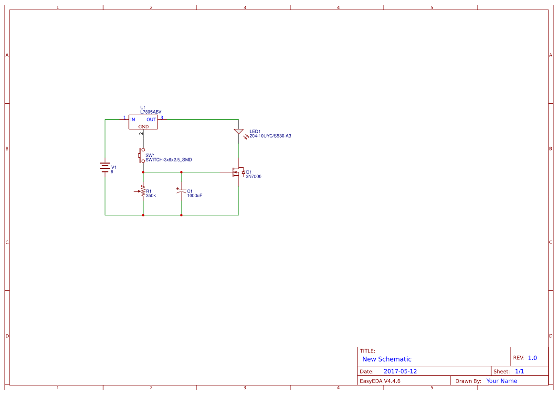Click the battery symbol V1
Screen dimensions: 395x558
[105, 167]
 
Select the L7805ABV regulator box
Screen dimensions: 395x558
[143, 122]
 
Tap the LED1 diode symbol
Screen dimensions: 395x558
[239, 132]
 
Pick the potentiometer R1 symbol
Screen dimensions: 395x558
[142, 191]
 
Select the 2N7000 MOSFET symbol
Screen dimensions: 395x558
[237, 172]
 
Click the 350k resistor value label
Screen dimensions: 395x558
[151, 196]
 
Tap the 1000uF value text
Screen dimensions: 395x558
[195, 196]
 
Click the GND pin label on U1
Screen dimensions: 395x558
[144, 127]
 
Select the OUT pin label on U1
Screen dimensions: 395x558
[151, 119]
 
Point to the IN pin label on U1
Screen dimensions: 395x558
[133, 119]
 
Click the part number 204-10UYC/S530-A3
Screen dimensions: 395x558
[270, 136]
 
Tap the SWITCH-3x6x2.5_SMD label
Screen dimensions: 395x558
[168, 160]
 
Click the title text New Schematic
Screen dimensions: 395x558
[387, 359]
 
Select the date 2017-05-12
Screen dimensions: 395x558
[400, 372]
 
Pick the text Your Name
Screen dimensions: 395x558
[502, 381]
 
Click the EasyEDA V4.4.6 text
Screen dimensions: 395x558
[380, 381]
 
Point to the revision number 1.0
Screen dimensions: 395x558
[532, 358]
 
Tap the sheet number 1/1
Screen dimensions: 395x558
[520, 372]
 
